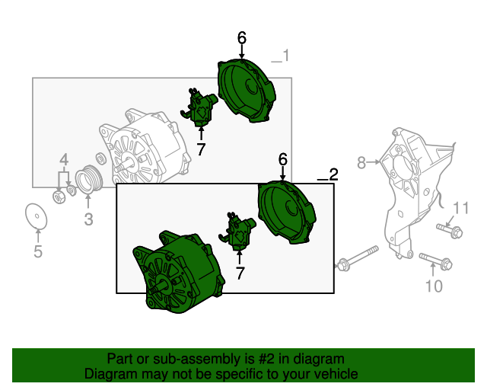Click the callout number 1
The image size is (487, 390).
click(285, 56)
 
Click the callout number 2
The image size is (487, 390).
click(333, 174)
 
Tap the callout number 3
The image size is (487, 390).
click(88, 219)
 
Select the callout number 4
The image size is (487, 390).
click(64, 160)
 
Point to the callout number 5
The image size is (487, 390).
click(38, 251)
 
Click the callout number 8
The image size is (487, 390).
click(361, 162)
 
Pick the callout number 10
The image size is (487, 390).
click(434, 286)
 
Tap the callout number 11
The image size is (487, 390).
click(460, 208)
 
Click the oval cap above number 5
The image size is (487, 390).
click(37, 216)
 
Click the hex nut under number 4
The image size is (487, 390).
click(59, 197)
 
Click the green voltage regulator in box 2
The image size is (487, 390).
click(237, 231)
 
